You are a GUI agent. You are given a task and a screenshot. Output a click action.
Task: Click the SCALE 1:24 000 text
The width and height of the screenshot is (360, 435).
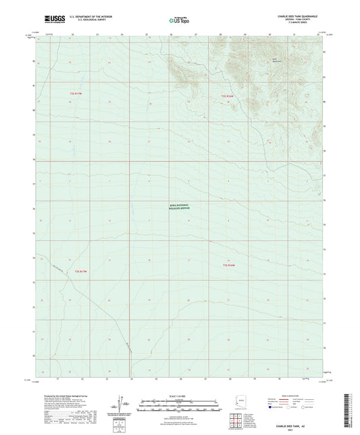point(179,396)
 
